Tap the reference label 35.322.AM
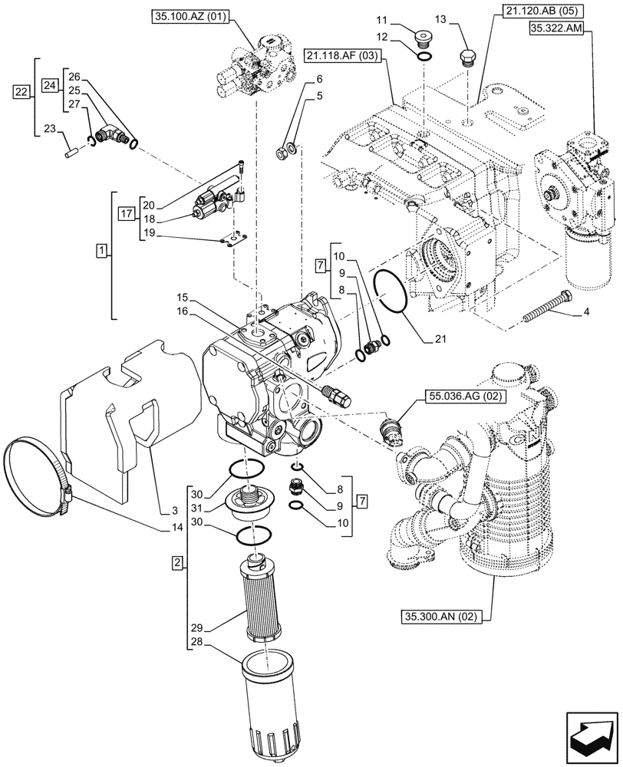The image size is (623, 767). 556,29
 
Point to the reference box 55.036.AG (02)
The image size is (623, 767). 457,397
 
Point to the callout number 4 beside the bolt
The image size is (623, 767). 586,312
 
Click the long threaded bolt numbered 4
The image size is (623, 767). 546,308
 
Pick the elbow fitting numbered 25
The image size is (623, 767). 116,137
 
